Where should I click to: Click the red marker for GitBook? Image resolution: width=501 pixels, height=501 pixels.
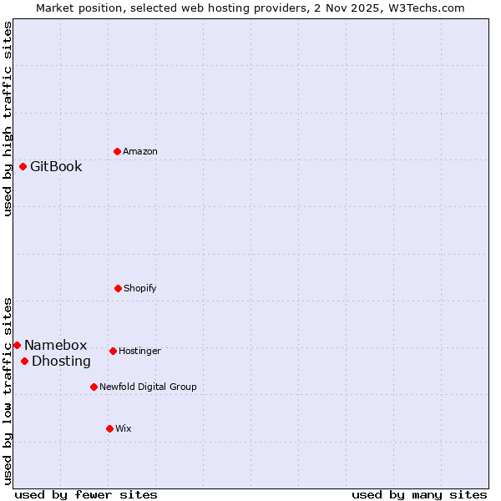click(23, 166)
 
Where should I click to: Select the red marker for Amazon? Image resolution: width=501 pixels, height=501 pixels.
click(117, 151)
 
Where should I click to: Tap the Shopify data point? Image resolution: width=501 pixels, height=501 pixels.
click(118, 288)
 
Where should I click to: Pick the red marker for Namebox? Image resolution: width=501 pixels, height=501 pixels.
click(17, 345)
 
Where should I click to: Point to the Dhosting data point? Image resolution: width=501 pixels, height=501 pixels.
click(25, 361)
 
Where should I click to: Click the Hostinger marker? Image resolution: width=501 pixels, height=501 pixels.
click(113, 351)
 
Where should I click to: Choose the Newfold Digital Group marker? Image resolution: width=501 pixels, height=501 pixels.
click(94, 387)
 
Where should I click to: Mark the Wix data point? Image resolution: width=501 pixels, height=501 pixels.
click(109, 428)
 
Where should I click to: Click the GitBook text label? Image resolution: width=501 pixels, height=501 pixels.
click(56, 166)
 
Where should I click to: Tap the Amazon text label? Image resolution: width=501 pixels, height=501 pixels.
click(139, 151)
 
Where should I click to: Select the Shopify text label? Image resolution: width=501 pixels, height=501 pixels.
click(139, 288)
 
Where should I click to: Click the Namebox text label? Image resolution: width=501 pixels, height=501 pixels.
click(55, 345)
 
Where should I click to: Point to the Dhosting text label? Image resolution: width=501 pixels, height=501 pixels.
click(61, 361)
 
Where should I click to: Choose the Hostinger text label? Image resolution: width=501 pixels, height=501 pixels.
click(139, 351)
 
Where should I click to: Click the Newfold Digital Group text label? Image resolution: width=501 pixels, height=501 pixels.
click(148, 387)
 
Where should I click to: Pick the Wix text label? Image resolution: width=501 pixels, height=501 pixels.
click(123, 428)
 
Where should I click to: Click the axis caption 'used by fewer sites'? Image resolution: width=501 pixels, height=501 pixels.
click(86, 494)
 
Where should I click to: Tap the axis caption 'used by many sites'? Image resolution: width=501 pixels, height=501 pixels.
click(419, 494)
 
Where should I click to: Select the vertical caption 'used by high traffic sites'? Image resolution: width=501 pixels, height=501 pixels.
click(8, 119)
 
